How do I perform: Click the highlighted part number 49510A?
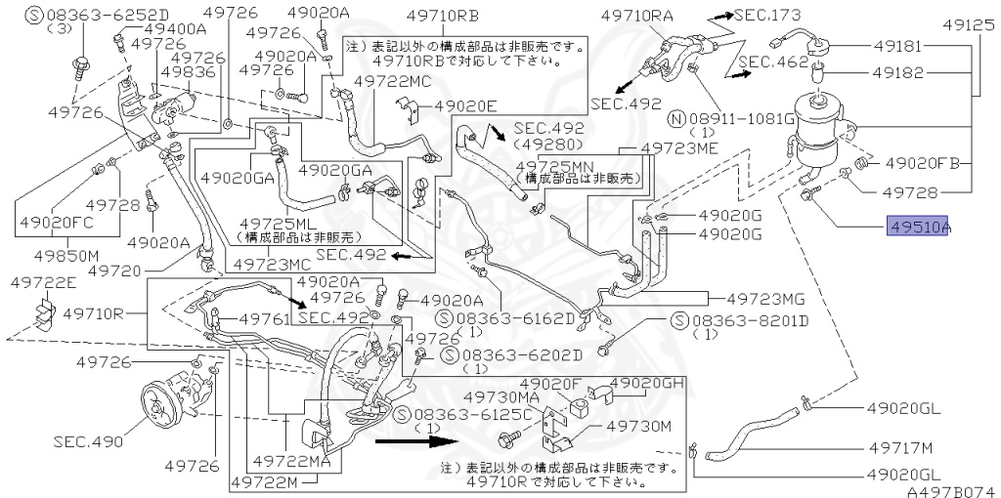click(x=919, y=228)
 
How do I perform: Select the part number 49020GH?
click(x=649, y=383)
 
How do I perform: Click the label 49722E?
click(x=43, y=282)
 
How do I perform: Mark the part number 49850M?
click(x=60, y=257)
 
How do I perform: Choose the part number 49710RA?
click(x=638, y=16)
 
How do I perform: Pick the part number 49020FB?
click(x=925, y=162)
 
